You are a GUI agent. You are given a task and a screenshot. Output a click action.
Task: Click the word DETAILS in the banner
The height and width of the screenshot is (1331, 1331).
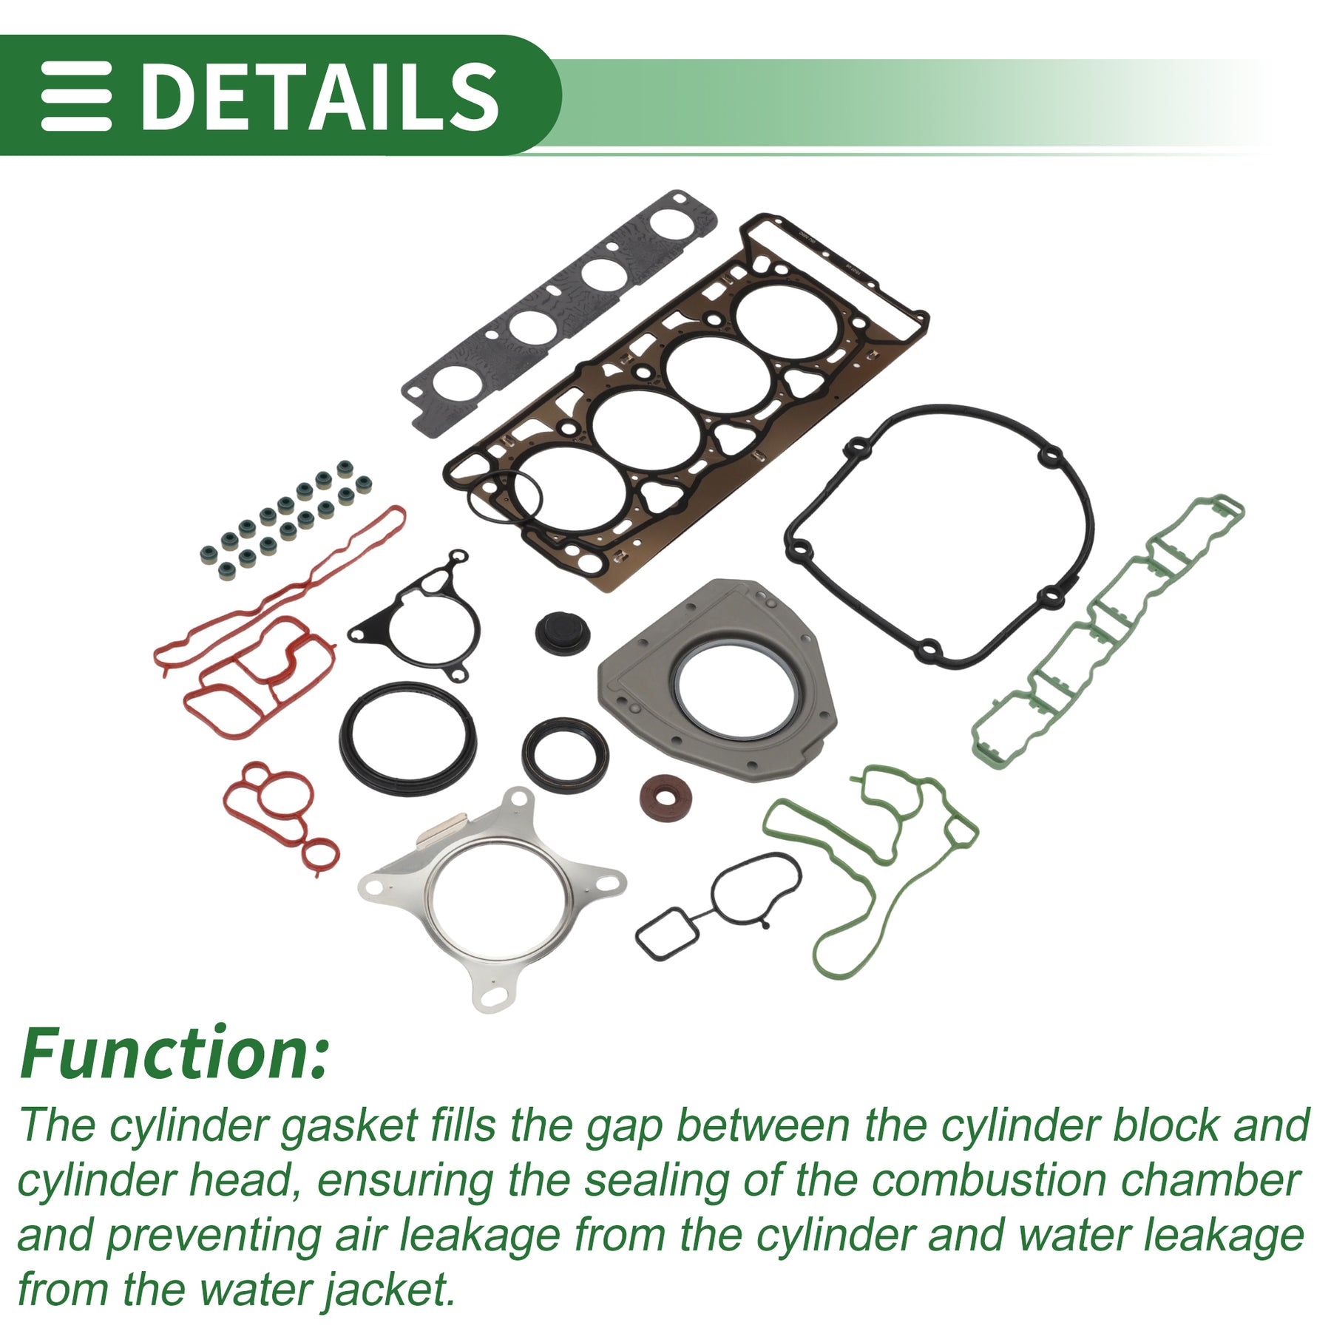[x=319, y=95]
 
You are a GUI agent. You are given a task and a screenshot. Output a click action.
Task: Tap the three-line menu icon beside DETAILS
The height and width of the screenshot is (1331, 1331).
[x=76, y=96]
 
